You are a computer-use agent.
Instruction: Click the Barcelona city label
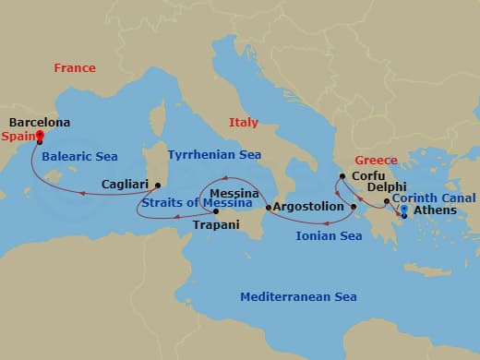click(39, 122)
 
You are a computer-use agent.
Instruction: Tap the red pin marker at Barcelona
click(39, 138)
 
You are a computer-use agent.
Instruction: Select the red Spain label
click(17, 135)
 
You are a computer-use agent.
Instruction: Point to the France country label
click(75, 68)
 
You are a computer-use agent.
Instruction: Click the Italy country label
click(244, 122)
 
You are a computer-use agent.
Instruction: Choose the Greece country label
click(376, 159)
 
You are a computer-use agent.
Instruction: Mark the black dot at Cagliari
click(157, 185)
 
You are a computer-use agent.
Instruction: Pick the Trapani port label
click(216, 224)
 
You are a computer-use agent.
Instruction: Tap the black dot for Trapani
click(216, 211)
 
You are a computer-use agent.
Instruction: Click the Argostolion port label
click(309, 208)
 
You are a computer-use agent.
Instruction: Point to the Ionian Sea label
click(328, 236)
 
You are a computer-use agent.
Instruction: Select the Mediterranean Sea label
click(298, 297)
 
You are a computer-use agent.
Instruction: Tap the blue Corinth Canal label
click(434, 198)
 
